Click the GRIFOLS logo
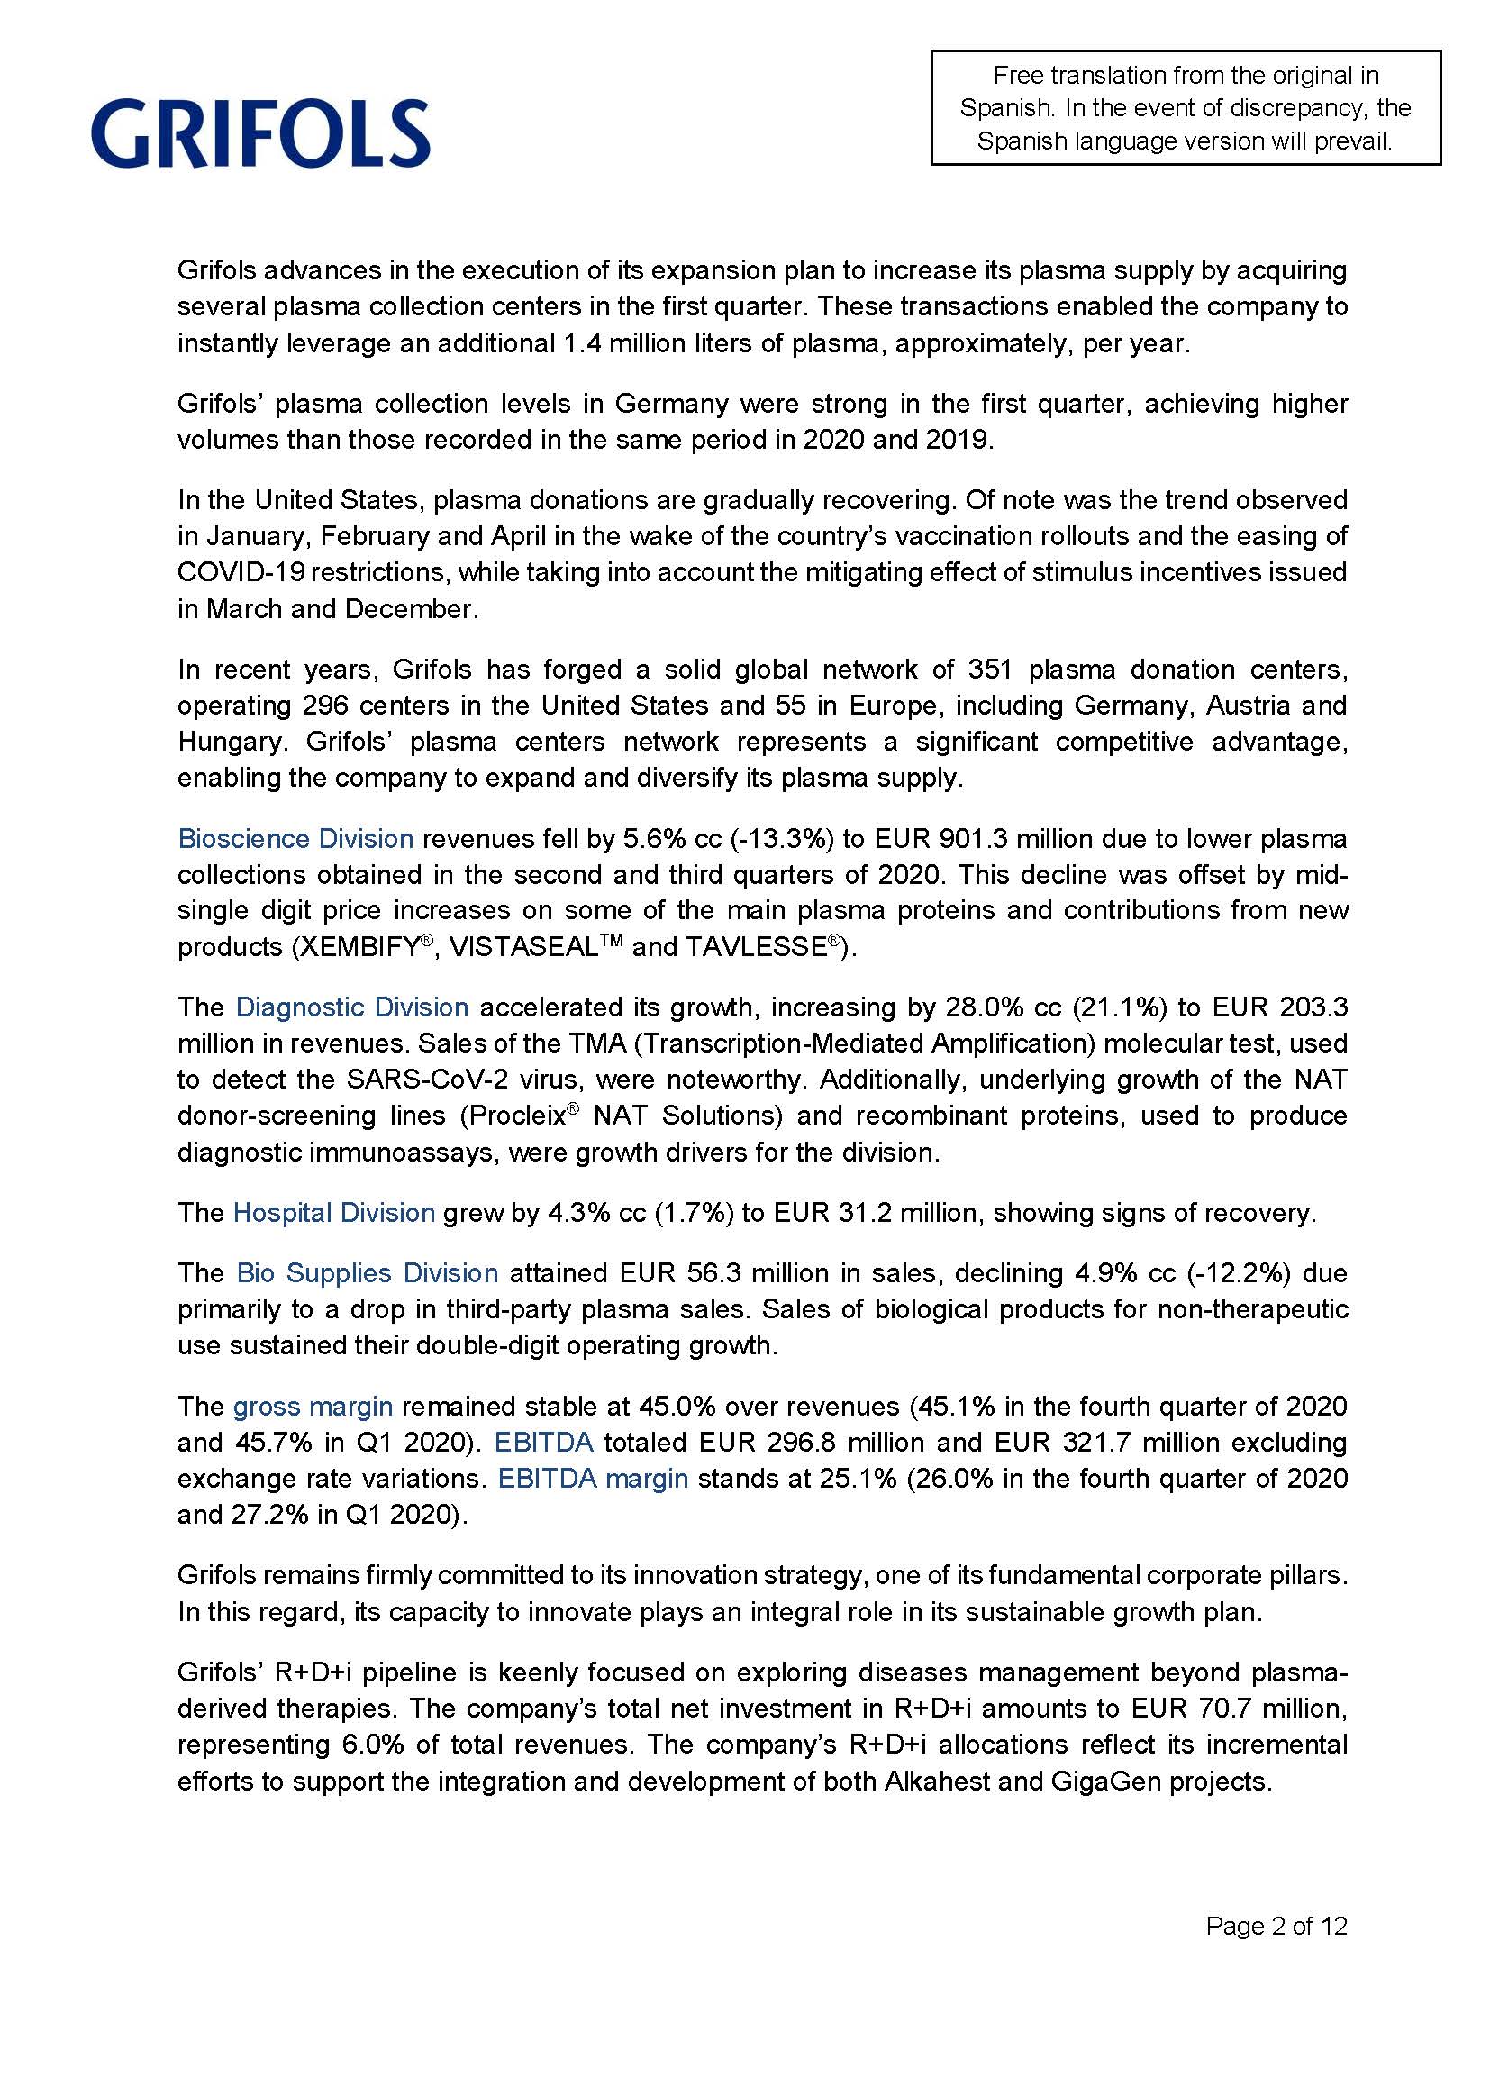pyautogui.click(x=260, y=133)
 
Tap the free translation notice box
pyautogui.click(x=1186, y=108)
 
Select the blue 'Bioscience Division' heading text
pyautogui.click(x=295, y=839)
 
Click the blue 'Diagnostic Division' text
pyautogui.click(x=352, y=1007)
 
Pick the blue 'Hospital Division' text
pyautogui.click(x=334, y=1213)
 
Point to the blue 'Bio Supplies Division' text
pyautogui.click(x=367, y=1273)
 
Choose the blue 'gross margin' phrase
pyautogui.click(x=313, y=1407)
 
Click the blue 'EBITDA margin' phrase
pyautogui.click(x=593, y=1479)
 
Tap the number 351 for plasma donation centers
pyautogui.click(x=987, y=670)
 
